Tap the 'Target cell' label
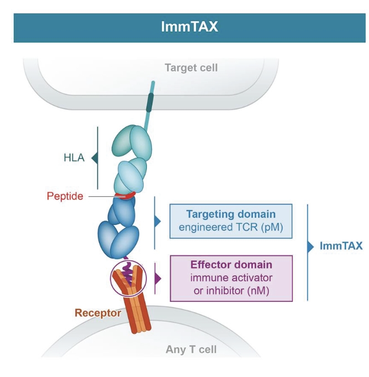coord(191,68)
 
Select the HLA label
coord(73,158)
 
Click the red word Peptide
coord(65,196)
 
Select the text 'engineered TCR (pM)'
coord(230,227)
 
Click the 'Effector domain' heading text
coord(231,264)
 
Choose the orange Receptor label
coord(98,313)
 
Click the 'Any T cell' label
coord(191,349)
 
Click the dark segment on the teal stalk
coord(149,103)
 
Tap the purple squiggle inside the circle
coord(128,273)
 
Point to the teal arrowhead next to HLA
coord(94,159)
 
